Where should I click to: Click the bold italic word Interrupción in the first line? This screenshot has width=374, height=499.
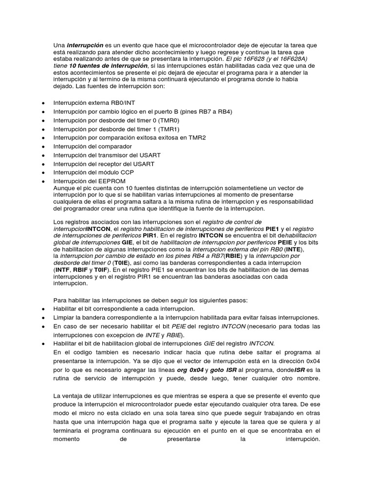pos(85,45)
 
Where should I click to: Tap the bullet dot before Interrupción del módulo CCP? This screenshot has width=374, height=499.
pos(43,172)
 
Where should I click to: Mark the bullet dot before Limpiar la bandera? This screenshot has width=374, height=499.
pos(43,317)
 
